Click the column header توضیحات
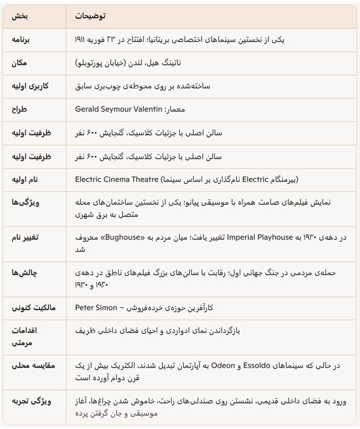point(90,16)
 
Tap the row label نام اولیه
point(26,178)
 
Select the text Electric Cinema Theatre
point(116,178)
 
